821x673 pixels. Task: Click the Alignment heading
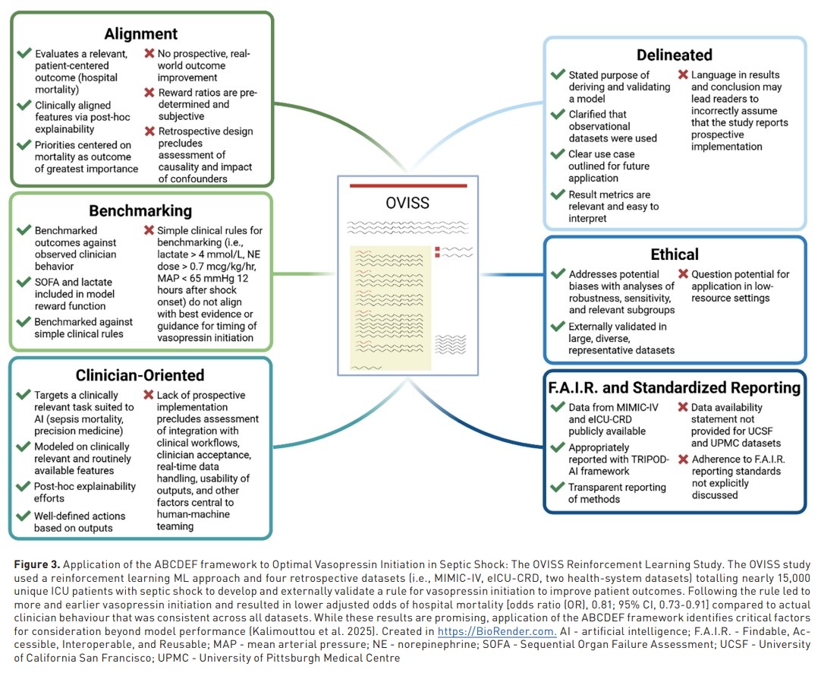pos(141,33)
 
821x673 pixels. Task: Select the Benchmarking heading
pos(140,210)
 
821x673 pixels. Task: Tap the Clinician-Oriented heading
pos(140,375)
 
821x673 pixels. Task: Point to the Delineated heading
pos(675,55)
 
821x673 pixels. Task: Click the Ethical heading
pos(675,254)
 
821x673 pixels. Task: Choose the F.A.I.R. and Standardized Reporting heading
pos(675,387)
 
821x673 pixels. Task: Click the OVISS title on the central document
pos(407,204)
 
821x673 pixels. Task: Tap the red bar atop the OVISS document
pos(407,185)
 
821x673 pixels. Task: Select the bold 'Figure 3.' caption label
pos(37,565)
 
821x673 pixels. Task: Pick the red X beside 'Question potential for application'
pos(683,274)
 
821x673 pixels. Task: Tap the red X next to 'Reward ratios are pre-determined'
pos(149,93)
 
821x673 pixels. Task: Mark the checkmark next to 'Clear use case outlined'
pos(558,154)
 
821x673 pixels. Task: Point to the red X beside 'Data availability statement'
pos(683,408)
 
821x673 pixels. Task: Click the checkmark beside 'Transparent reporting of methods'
pos(558,488)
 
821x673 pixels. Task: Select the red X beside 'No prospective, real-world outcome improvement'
pos(149,54)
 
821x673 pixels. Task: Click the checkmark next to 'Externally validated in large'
pos(558,327)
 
